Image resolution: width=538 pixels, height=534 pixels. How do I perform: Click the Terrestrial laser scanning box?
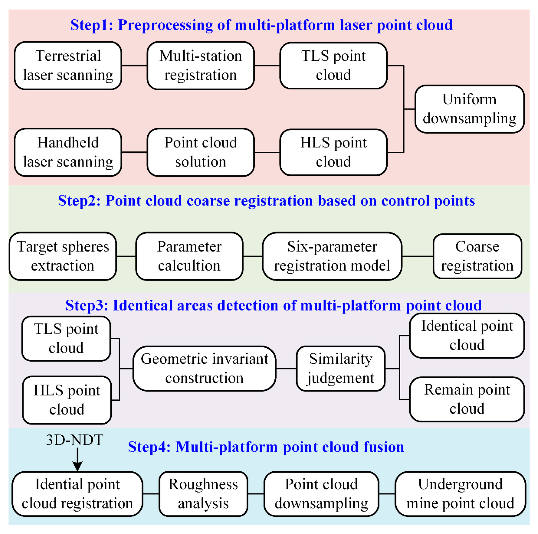[68, 66]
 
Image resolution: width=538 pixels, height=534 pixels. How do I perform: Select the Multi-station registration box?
[201, 66]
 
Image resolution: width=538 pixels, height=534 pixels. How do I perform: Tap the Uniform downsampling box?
[469, 109]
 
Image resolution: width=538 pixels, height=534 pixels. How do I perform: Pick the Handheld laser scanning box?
[68, 152]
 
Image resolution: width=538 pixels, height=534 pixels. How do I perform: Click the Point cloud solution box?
[201, 152]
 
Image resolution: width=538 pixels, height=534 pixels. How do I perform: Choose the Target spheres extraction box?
[63, 256]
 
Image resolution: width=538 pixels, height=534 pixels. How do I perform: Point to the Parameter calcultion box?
[189, 256]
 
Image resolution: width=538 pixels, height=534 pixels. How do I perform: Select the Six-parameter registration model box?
[332, 256]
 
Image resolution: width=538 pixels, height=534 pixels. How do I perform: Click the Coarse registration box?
[477, 256]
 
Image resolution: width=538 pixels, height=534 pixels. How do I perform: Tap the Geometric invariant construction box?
[204, 368]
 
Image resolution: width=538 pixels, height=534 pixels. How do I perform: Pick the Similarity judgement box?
[340, 368]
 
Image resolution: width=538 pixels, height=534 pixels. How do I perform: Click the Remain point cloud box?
[467, 399]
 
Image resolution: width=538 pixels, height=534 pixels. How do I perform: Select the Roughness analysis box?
[203, 494]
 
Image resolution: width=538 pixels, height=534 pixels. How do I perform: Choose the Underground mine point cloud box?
[460, 494]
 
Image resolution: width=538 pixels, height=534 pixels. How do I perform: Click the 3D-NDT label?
[74, 440]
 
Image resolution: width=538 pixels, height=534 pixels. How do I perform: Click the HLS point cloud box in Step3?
[67, 400]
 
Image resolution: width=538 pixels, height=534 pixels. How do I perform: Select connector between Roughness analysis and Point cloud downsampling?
[256, 494]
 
